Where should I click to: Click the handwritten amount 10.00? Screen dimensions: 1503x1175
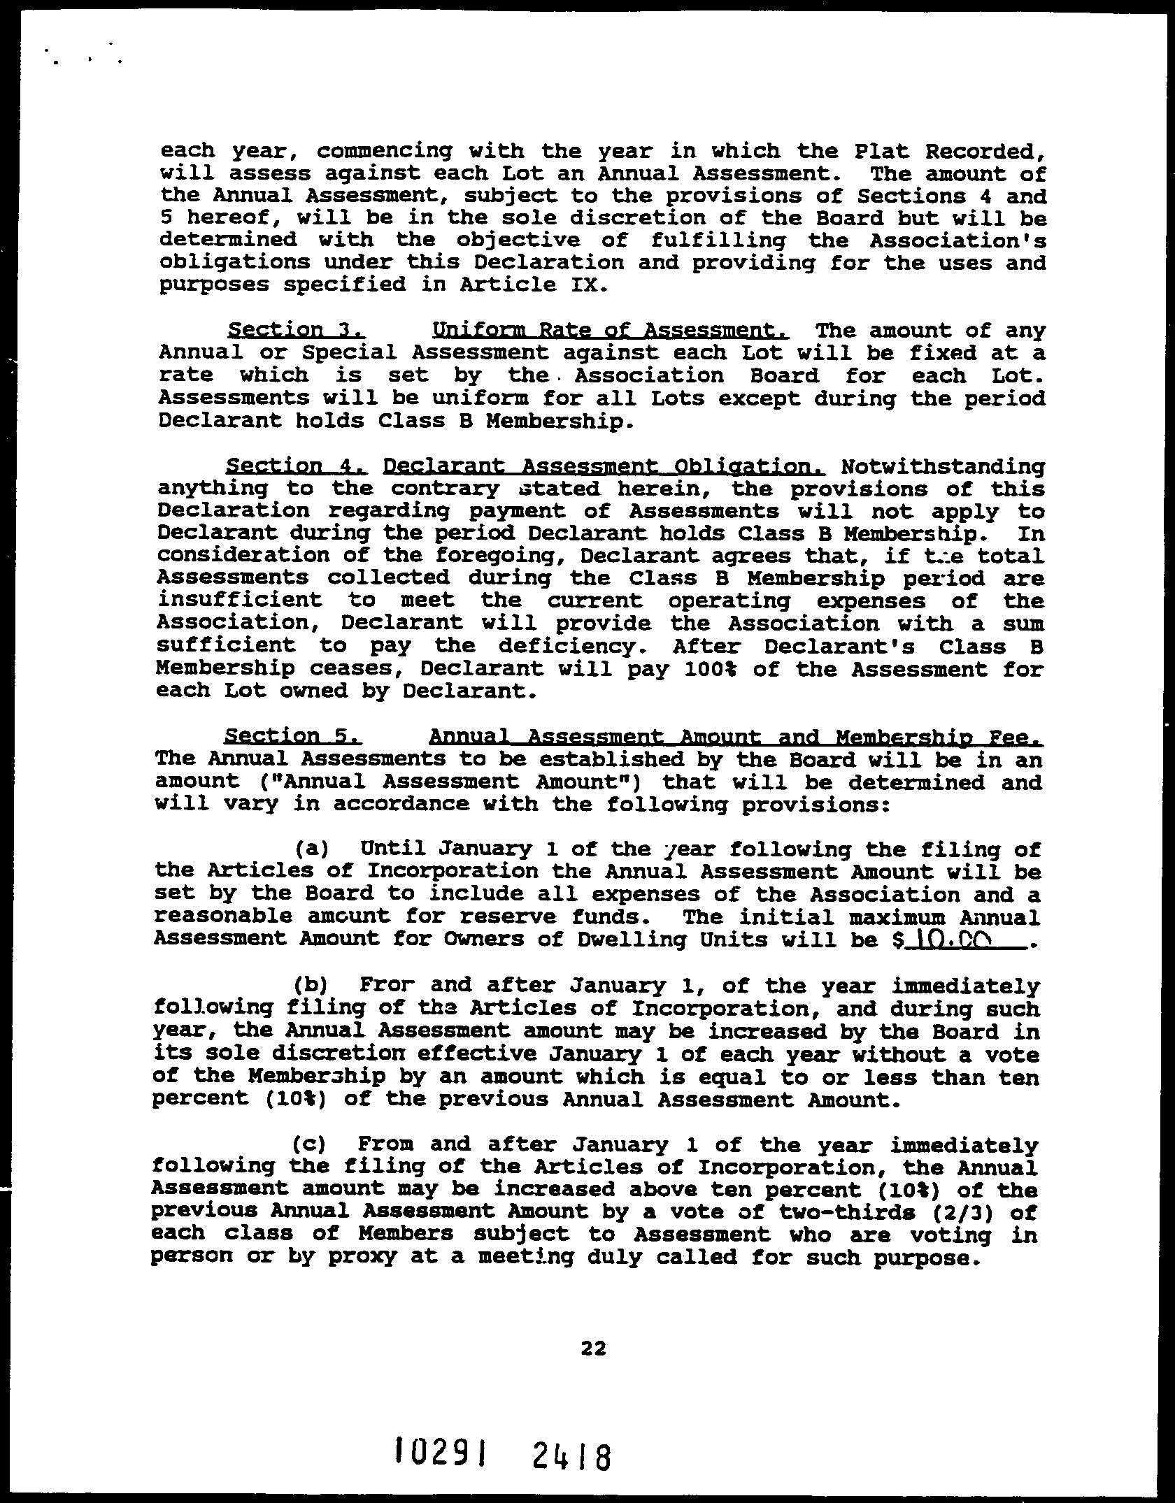[956, 940]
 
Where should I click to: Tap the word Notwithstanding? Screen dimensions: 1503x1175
[943, 466]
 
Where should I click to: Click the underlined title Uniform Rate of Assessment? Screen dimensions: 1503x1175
[611, 330]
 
